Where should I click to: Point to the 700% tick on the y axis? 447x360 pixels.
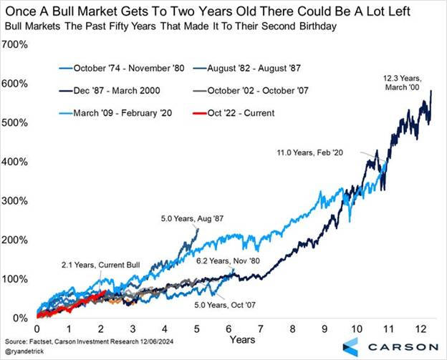pos(16,44)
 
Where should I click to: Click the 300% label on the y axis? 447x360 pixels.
pos(16,200)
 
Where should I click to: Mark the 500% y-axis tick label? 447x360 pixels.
pos(16,122)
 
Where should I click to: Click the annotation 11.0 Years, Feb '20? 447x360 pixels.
pos(322,153)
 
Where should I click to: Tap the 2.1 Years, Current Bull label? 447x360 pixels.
pos(91,266)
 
